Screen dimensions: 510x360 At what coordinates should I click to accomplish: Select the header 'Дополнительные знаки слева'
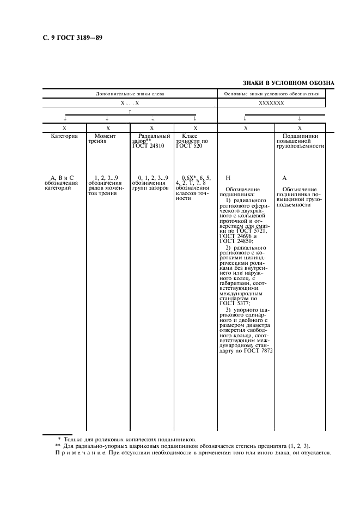130,94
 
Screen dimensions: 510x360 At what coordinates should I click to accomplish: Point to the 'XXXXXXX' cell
271,102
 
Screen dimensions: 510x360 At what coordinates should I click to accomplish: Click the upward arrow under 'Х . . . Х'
130,111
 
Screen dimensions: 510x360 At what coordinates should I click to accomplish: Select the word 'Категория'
64,136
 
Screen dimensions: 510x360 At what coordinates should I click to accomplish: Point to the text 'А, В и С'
62,178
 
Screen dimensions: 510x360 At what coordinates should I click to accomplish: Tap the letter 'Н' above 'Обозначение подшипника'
228,178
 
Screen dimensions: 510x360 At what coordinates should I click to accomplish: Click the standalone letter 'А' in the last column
284,178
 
